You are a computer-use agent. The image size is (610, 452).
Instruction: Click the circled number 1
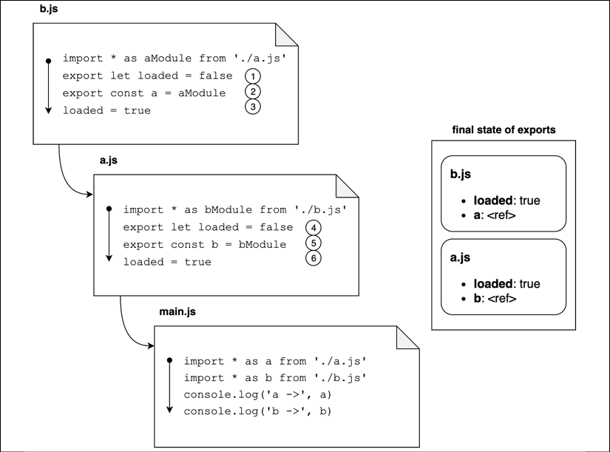coord(253,76)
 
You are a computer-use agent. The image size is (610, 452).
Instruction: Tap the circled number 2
coord(253,92)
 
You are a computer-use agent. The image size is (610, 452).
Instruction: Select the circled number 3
coord(253,107)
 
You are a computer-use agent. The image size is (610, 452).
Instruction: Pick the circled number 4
coord(314,227)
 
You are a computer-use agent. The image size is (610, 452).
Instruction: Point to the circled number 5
coord(314,243)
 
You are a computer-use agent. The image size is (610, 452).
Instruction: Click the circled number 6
coord(314,258)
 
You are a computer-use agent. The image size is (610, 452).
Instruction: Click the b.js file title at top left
coord(50,10)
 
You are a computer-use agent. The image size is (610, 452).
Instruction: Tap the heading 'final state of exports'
coord(504,130)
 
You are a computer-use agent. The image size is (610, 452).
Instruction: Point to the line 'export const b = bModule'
coord(205,244)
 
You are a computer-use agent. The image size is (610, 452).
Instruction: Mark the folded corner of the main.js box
coord(407,337)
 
